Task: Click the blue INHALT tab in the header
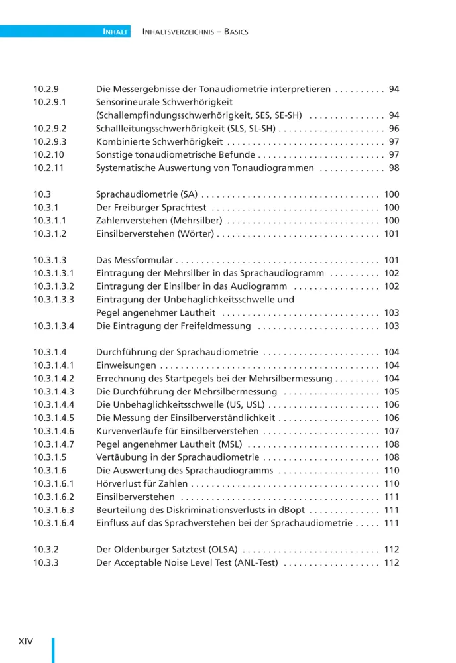115,31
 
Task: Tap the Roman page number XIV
26,641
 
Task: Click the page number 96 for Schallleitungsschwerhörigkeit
394,129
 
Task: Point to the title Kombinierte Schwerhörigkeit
159,142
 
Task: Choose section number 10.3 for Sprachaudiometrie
42,194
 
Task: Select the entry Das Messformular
135,261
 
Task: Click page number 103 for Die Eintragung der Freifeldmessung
391,326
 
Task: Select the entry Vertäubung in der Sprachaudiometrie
177,457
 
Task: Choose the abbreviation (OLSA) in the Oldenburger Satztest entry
223,550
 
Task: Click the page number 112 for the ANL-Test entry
391,563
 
